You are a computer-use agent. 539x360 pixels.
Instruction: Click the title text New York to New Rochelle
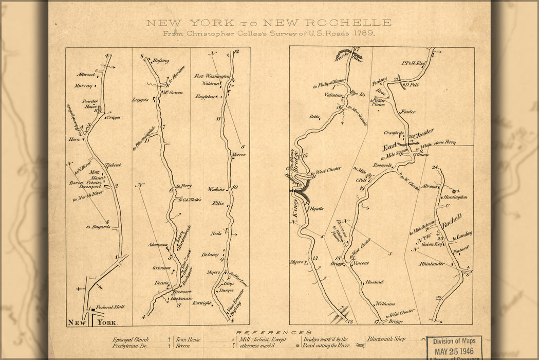(x=269, y=23)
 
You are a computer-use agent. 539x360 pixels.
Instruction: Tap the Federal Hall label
(x=111, y=307)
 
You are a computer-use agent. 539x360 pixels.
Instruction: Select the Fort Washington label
(x=212, y=76)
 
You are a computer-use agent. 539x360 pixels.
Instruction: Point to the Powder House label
(x=90, y=104)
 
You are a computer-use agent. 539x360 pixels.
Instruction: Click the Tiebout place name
(x=113, y=165)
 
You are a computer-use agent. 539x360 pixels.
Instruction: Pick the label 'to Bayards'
(x=98, y=226)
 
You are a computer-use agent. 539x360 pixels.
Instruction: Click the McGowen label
(x=173, y=93)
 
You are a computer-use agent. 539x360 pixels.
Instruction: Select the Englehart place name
(x=207, y=96)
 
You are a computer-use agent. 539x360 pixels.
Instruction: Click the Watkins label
(x=217, y=189)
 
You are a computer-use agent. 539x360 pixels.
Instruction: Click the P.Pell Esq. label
(x=415, y=64)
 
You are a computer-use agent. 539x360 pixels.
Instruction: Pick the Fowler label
(x=408, y=111)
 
